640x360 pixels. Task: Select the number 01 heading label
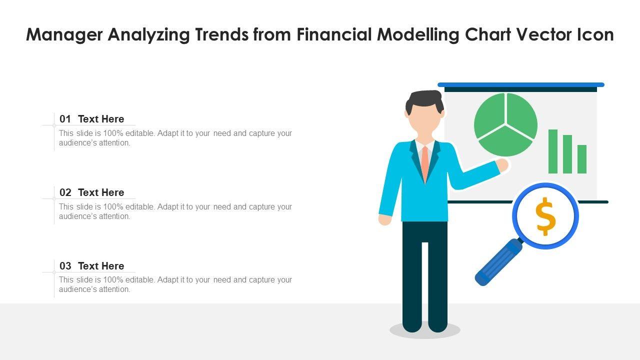[65, 119]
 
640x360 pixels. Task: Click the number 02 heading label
[65, 192]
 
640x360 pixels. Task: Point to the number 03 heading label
[65, 265]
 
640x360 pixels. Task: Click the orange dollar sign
[545, 216]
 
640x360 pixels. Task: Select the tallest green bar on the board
[553, 151]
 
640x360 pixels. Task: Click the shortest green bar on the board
[582, 159]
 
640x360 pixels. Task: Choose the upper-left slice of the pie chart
[489, 115]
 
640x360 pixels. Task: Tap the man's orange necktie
[425, 163]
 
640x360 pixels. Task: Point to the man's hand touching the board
[502, 165]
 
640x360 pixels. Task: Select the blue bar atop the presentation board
[521, 84]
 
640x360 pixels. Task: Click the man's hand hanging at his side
[385, 219]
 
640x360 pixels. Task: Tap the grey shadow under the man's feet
[425, 331]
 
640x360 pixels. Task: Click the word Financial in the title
[334, 34]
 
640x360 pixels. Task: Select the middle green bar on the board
[567, 154]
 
